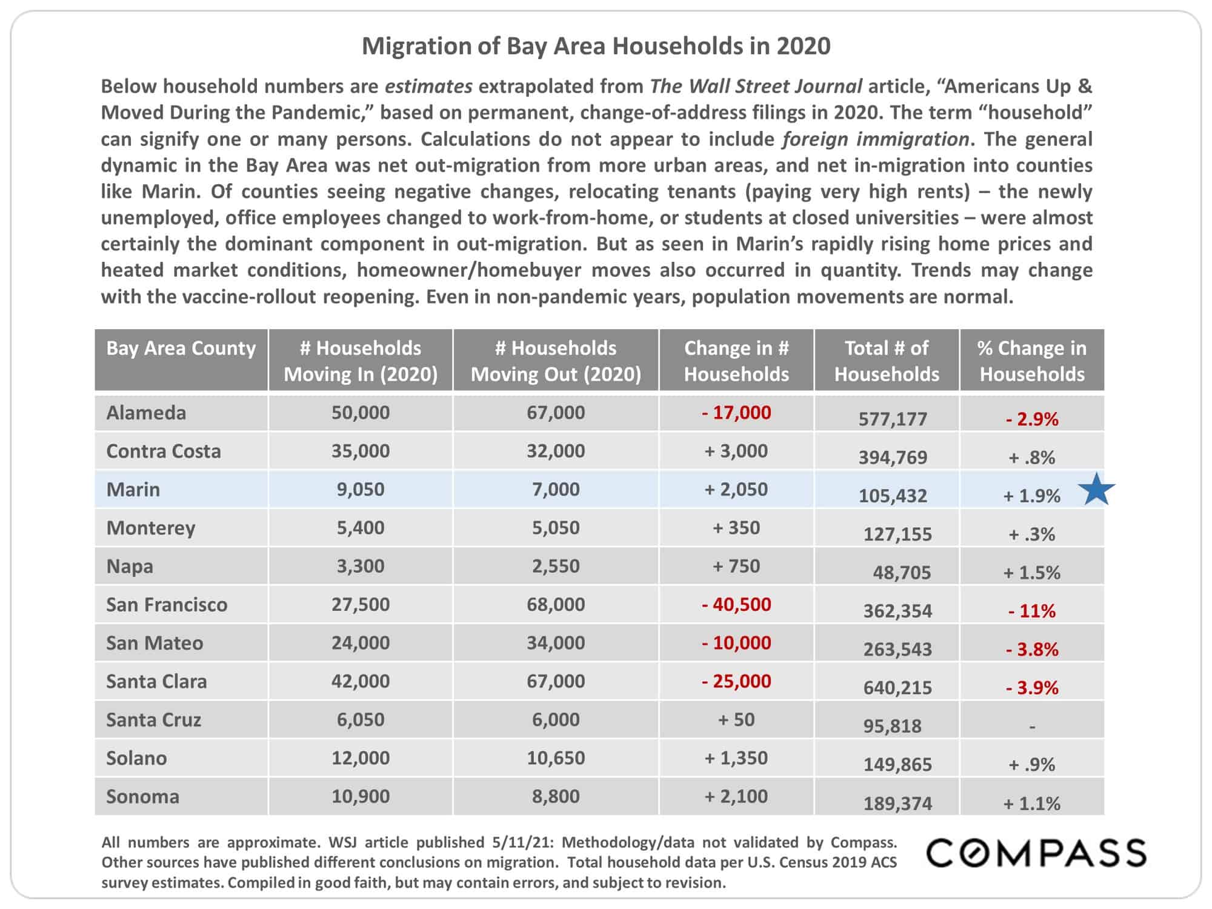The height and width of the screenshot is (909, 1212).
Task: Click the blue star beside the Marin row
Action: click(x=1097, y=490)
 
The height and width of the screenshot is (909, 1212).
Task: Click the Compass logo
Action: click(x=1036, y=853)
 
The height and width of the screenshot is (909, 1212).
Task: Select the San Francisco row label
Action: click(x=167, y=605)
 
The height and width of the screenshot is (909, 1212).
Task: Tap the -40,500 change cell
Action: click(x=736, y=605)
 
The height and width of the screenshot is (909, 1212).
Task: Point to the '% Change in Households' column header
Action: click(x=1032, y=361)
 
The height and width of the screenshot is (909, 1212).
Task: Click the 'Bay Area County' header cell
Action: click(x=181, y=348)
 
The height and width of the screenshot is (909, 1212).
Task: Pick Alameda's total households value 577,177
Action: click(x=893, y=419)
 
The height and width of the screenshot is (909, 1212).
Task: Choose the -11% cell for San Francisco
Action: click(x=1032, y=611)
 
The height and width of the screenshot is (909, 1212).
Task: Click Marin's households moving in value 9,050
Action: click(x=361, y=490)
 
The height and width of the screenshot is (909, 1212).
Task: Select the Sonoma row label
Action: click(x=142, y=796)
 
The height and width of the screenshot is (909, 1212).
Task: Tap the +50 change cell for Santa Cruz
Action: click(x=736, y=720)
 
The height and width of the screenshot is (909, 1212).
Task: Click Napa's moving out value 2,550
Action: click(x=556, y=566)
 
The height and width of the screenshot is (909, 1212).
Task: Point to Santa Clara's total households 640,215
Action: click(x=897, y=688)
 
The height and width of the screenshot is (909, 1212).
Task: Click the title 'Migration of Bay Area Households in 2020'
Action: click(x=596, y=46)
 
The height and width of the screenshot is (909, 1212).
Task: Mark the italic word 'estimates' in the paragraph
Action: click(x=428, y=87)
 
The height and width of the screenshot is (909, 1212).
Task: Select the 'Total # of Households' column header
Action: click(x=887, y=361)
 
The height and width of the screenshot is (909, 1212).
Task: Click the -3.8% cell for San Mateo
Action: click(x=1032, y=650)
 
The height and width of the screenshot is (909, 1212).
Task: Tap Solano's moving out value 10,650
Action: click(x=556, y=758)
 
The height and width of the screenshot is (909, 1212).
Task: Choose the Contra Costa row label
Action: click(x=164, y=451)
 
